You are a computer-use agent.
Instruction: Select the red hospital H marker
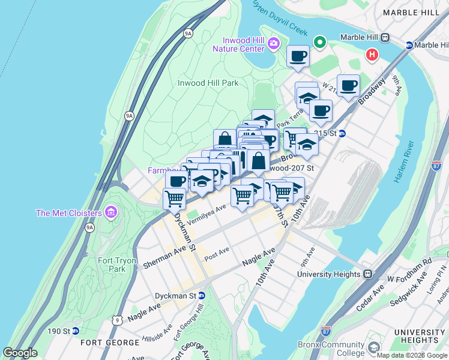pyautogui.click(x=372, y=55)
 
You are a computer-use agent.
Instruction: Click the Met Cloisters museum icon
pyautogui.click(x=110, y=212)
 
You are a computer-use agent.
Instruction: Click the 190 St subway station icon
pyautogui.click(x=76, y=331)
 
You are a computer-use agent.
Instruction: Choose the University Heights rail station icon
pyautogui.click(x=368, y=274)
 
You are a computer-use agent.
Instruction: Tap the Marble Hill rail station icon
pyautogui.click(x=385, y=37)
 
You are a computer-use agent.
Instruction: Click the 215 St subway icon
pyautogui.click(x=342, y=133)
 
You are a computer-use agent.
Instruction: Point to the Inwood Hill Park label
pyautogui.click(x=208, y=83)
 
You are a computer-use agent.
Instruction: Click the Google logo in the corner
pyautogui.click(x=20, y=353)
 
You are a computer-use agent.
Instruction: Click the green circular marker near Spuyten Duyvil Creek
pyautogui.click(x=320, y=43)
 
